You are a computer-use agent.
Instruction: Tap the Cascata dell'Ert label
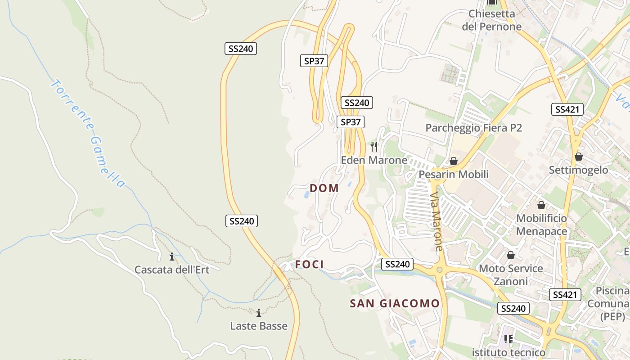(172, 270)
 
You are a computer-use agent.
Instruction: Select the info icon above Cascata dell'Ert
(172, 257)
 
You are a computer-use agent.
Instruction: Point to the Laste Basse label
(259, 326)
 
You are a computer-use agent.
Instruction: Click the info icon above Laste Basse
(259, 313)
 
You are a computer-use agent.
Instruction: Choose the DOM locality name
(324, 188)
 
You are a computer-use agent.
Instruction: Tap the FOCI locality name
(309, 265)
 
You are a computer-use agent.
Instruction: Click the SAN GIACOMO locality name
(395, 304)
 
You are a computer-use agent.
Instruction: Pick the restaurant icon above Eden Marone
(374, 147)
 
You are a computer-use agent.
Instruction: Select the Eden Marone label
(374, 160)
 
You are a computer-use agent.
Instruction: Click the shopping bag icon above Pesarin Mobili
(454, 161)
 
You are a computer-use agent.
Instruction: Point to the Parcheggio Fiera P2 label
(473, 128)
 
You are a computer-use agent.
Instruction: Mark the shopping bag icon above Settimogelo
(579, 157)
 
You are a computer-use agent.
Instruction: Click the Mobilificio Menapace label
(541, 225)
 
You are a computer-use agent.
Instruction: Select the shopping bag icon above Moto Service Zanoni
(511, 255)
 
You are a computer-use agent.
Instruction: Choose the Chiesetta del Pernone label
(491, 20)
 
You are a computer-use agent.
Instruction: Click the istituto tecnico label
(508, 352)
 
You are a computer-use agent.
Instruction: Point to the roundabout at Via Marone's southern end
(440, 270)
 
